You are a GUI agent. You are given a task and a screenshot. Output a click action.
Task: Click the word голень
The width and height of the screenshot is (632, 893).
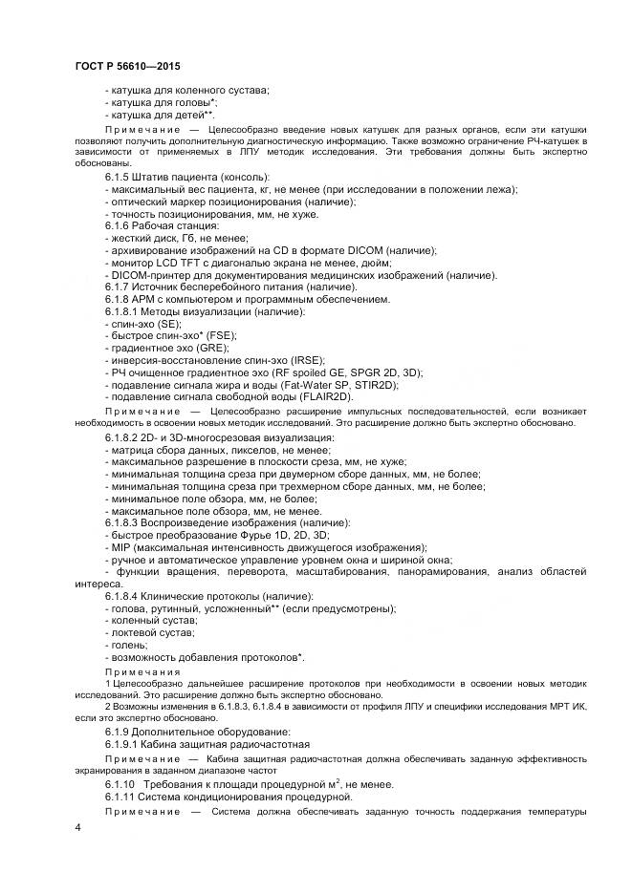(129, 645)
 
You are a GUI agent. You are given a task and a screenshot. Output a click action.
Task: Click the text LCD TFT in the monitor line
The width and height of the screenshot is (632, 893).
(175, 263)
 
